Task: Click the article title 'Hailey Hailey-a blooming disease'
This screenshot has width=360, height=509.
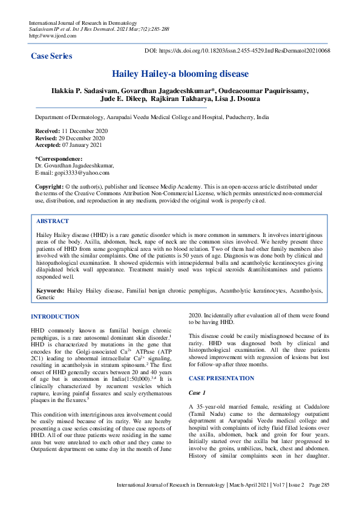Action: click(180, 74)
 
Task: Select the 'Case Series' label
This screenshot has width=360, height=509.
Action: click(51, 56)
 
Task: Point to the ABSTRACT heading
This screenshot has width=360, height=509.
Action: click(53, 221)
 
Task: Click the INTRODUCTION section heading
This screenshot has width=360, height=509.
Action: click(55, 316)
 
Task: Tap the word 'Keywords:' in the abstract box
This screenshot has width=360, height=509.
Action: click(50, 291)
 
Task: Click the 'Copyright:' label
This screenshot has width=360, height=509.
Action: click(50, 187)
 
